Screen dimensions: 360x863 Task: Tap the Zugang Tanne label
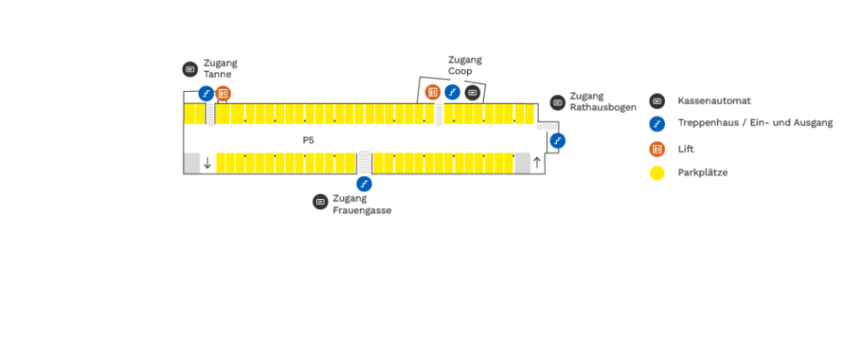click(x=220, y=68)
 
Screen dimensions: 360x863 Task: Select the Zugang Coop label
click(x=464, y=65)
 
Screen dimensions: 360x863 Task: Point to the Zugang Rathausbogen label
click(x=603, y=102)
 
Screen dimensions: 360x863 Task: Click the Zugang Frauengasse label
click(x=362, y=205)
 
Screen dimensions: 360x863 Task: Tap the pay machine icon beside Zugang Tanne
click(x=190, y=69)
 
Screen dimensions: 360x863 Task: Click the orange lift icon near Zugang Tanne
click(x=223, y=94)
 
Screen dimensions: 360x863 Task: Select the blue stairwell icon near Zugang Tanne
click(x=206, y=94)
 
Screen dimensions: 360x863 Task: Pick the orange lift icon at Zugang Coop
click(x=432, y=92)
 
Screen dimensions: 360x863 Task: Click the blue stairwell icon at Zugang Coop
click(x=453, y=92)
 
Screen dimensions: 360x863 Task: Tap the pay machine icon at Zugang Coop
click(x=473, y=92)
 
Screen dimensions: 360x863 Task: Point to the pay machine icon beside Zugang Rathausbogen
click(x=557, y=103)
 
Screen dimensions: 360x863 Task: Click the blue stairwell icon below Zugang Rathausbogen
click(x=557, y=141)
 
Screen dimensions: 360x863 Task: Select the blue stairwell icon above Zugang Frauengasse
click(x=364, y=184)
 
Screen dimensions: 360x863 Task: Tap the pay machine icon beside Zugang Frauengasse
click(x=319, y=201)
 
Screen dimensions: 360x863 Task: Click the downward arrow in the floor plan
click(x=207, y=163)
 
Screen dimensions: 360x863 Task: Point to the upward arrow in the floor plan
click(x=536, y=163)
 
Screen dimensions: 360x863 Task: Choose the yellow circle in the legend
click(x=657, y=173)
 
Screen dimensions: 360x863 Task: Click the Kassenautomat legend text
click(x=714, y=101)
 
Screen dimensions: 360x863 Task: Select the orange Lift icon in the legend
click(x=657, y=149)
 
